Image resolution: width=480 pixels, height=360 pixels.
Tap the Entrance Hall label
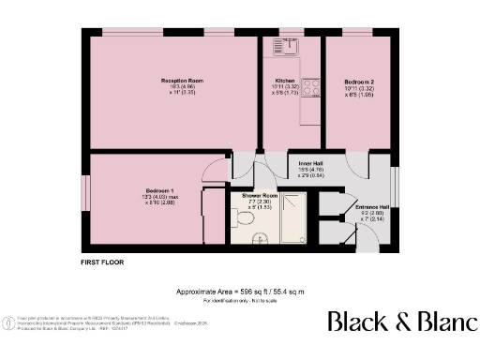point(370,206)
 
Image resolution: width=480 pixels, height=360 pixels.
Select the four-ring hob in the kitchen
point(311,86)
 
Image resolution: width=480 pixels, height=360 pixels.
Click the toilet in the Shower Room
point(246,218)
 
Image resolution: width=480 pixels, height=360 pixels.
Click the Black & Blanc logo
point(401,322)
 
